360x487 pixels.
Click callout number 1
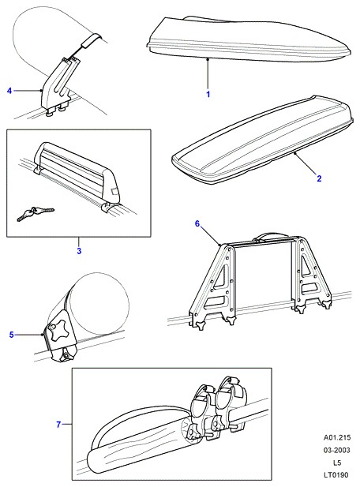point(208,94)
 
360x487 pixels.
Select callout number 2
point(319,178)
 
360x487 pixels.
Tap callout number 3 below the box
point(79,251)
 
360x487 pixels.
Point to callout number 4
point(9,91)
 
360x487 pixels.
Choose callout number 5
point(12,335)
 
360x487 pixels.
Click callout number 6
point(197,223)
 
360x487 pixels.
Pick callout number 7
point(58,425)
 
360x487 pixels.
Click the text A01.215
point(337,437)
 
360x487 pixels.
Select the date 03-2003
point(337,450)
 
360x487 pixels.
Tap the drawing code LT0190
point(337,475)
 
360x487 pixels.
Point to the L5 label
point(337,463)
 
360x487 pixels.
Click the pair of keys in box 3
point(35,213)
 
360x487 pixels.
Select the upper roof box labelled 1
point(249,39)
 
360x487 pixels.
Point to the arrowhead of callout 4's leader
point(42,91)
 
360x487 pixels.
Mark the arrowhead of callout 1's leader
point(208,59)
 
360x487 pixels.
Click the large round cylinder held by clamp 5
point(96,305)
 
